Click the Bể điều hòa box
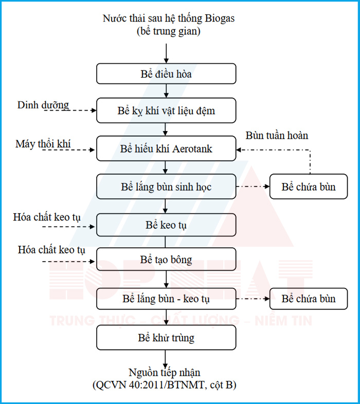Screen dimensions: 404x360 click(x=166, y=74)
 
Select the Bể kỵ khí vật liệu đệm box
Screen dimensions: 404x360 click(x=166, y=111)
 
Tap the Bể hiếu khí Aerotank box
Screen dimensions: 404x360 click(x=166, y=149)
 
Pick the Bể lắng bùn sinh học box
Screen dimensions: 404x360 click(x=166, y=187)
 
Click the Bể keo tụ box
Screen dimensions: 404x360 click(x=166, y=225)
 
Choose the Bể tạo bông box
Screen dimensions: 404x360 click(x=166, y=260)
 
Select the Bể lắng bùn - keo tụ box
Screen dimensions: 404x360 click(x=166, y=298)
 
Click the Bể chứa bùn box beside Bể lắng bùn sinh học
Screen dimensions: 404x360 click(x=309, y=187)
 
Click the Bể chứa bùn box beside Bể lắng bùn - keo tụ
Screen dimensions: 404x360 click(x=309, y=298)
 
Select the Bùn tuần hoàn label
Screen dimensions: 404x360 click(x=277, y=136)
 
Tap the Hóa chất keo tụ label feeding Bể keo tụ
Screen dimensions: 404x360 click(x=47, y=217)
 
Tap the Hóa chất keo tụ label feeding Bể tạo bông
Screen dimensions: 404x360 click(x=51, y=250)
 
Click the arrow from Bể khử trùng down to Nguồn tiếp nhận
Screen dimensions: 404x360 click(x=166, y=358)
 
